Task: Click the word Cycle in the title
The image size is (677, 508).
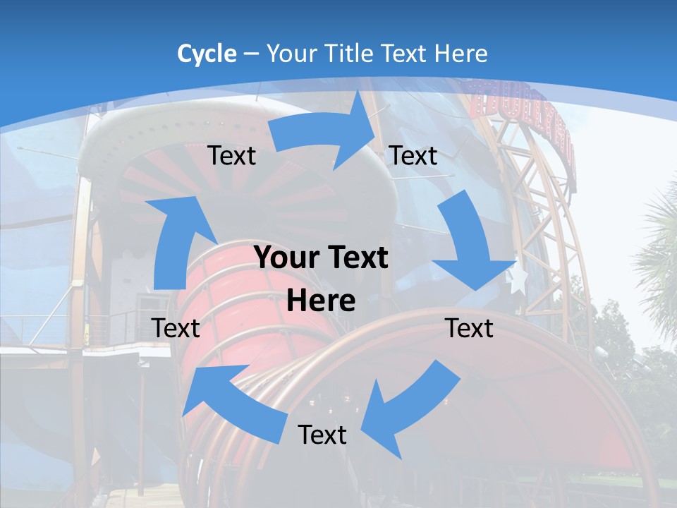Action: coord(207,54)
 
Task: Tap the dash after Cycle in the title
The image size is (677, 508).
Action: coord(251,54)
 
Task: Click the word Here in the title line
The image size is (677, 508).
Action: coord(461,54)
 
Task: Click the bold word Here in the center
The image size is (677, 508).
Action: coord(321,301)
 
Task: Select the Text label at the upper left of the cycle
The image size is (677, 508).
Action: coord(231,156)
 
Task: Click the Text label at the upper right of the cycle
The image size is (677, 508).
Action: coord(413,156)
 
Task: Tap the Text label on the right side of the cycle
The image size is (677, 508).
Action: coord(469,328)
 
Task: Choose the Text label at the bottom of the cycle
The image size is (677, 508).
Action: coord(322,435)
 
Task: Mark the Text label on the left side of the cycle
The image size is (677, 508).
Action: coord(176,328)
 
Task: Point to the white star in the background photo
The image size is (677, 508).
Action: coord(518,279)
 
